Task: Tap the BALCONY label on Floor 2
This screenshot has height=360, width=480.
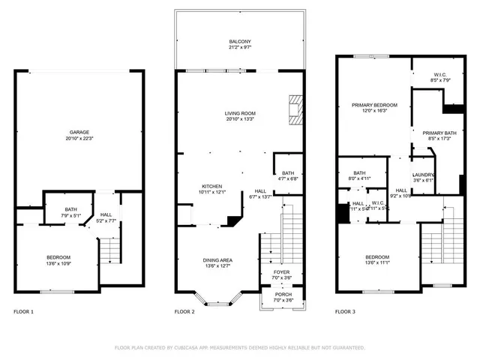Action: tap(241, 41)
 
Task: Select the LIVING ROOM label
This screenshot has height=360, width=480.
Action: tap(240, 113)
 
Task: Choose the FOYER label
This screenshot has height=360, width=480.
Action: tap(281, 272)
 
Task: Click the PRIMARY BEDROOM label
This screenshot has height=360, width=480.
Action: tap(374, 105)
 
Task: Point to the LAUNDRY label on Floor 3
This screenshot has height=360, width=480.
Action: tap(424, 175)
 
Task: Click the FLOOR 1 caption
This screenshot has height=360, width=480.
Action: tap(23, 311)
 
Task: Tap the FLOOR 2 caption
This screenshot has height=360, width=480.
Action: tap(184, 311)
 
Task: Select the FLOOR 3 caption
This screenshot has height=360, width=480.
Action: tap(345, 311)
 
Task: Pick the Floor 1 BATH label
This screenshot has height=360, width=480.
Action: tap(70, 209)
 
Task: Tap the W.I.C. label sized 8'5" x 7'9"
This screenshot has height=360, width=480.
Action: tap(440, 75)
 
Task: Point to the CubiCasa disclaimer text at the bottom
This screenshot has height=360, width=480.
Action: tap(240, 348)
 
